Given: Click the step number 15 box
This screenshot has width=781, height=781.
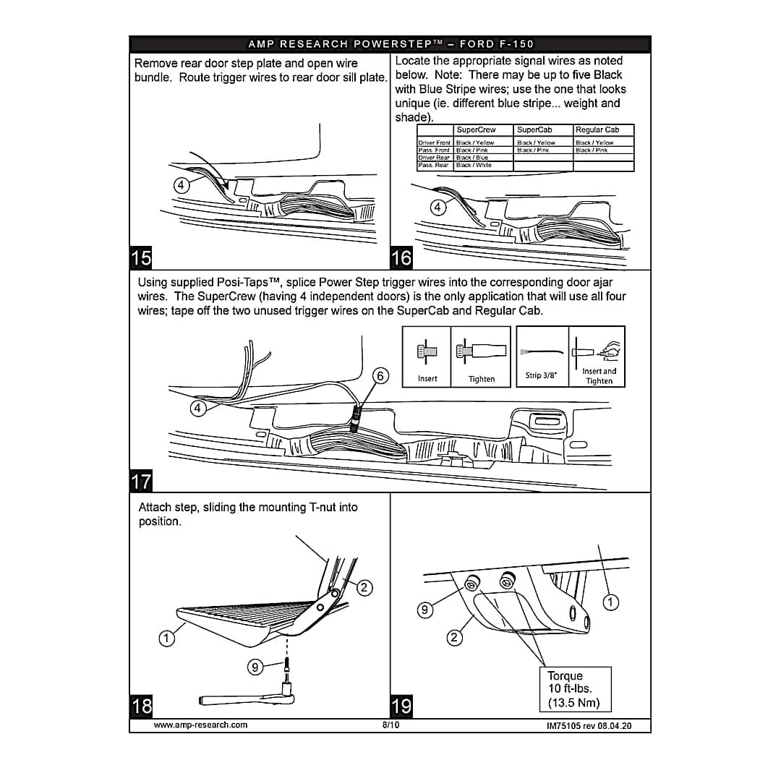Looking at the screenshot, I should (142, 257).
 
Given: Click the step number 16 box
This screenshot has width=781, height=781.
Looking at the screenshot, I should (401, 257).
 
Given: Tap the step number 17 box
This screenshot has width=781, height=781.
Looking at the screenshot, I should (142, 481).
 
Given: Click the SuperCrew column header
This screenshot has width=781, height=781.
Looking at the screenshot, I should (476, 130).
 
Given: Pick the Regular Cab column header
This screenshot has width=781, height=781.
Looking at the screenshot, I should (597, 130).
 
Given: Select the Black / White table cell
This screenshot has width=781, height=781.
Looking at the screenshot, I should (474, 166).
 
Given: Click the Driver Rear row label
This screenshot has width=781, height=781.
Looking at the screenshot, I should (434, 158).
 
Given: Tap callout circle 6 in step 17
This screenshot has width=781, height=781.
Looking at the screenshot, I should (381, 375).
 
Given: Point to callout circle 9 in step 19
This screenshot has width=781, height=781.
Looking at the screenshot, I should (426, 610).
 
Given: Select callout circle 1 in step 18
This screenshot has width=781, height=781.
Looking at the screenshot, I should (167, 638).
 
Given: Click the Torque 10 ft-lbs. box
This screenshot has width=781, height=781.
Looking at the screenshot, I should (575, 689).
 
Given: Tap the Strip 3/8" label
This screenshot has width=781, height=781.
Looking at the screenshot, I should (541, 376).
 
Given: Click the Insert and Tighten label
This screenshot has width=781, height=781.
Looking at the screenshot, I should (599, 376).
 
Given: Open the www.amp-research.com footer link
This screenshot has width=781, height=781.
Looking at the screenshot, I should (201, 725).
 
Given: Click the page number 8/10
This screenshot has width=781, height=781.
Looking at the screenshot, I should (390, 725).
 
